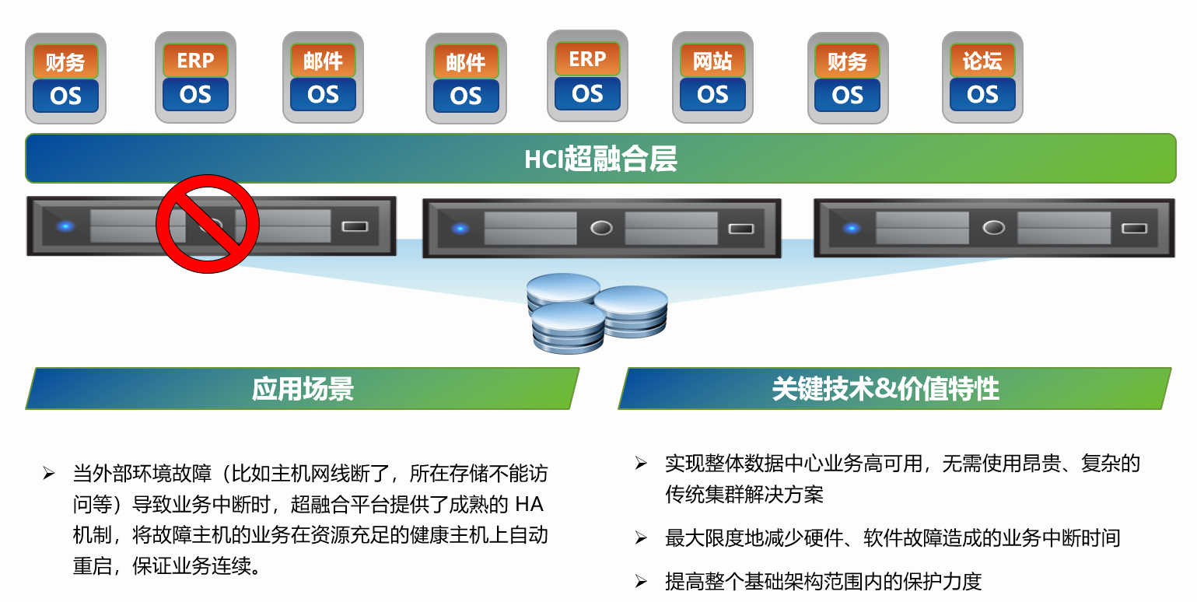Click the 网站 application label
pyautogui.click(x=712, y=61)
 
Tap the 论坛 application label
pyautogui.click(x=982, y=61)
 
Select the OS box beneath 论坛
pyautogui.click(x=982, y=95)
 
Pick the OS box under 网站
pyautogui.click(x=712, y=95)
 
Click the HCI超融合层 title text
pyautogui.click(x=600, y=159)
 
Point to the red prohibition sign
pyautogui.click(x=208, y=223)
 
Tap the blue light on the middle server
pyautogui.click(x=460, y=229)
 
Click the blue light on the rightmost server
pyautogui.click(x=852, y=229)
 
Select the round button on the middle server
pyautogui.click(x=601, y=229)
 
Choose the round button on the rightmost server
pyautogui.click(x=993, y=228)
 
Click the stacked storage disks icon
pyautogui.click(x=597, y=313)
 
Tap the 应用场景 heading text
pyautogui.click(x=303, y=389)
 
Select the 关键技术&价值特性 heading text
pyautogui.click(x=885, y=389)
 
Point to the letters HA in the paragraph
pyautogui.click(x=529, y=504)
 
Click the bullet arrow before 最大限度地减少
pyautogui.click(x=641, y=537)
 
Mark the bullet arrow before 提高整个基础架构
pyautogui.click(x=641, y=581)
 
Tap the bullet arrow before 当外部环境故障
pyautogui.click(x=49, y=473)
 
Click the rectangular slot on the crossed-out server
pyautogui.click(x=355, y=226)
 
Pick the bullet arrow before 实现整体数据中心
pyautogui.click(x=641, y=463)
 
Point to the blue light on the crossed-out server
pyautogui.click(x=66, y=226)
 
